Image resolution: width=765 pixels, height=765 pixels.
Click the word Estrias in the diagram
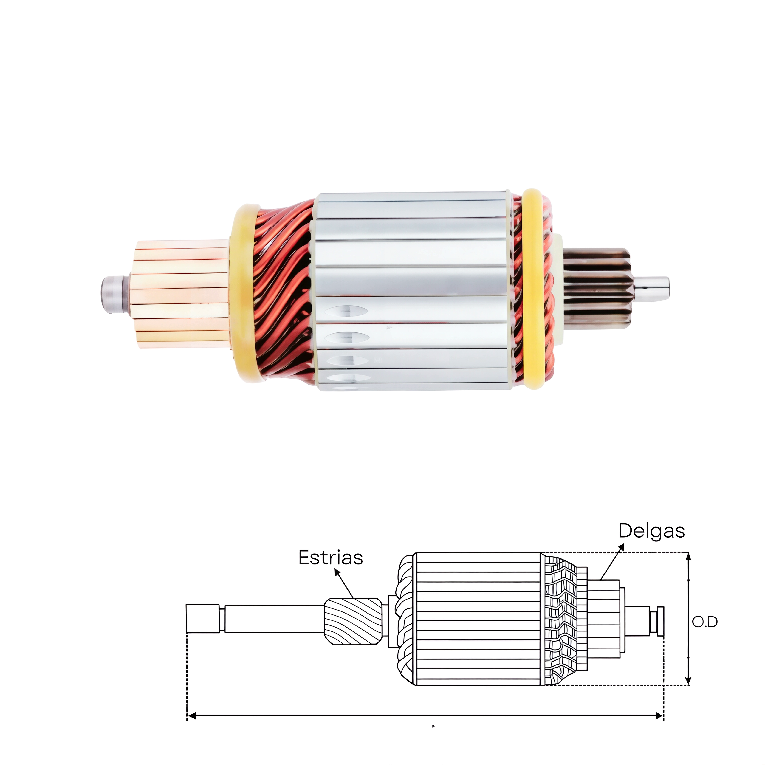tap(331, 558)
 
